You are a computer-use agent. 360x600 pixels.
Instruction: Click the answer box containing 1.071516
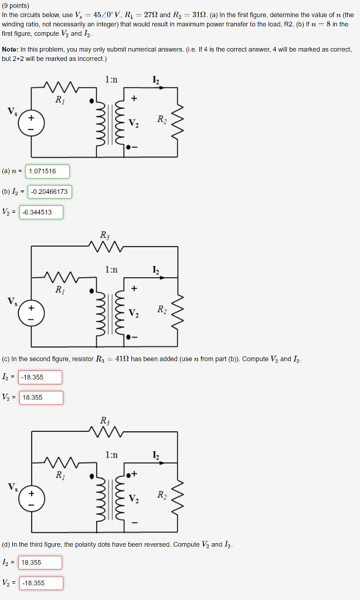point(47,171)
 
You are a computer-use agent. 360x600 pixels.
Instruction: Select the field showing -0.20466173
point(50,192)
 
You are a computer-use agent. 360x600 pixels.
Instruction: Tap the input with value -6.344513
point(41,212)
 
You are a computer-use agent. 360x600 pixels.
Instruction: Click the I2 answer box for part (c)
point(40,377)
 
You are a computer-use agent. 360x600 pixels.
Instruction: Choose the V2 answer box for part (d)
point(41,583)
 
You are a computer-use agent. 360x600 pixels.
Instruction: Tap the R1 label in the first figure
point(60,100)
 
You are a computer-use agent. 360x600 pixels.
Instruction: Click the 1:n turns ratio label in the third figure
point(111,454)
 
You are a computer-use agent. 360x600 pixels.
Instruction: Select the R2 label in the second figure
point(161,309)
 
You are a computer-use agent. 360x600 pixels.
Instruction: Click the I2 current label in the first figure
point(155,80)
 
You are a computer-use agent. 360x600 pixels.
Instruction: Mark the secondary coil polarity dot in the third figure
point(127,473)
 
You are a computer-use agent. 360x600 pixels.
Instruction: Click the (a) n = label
point(12,171)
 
